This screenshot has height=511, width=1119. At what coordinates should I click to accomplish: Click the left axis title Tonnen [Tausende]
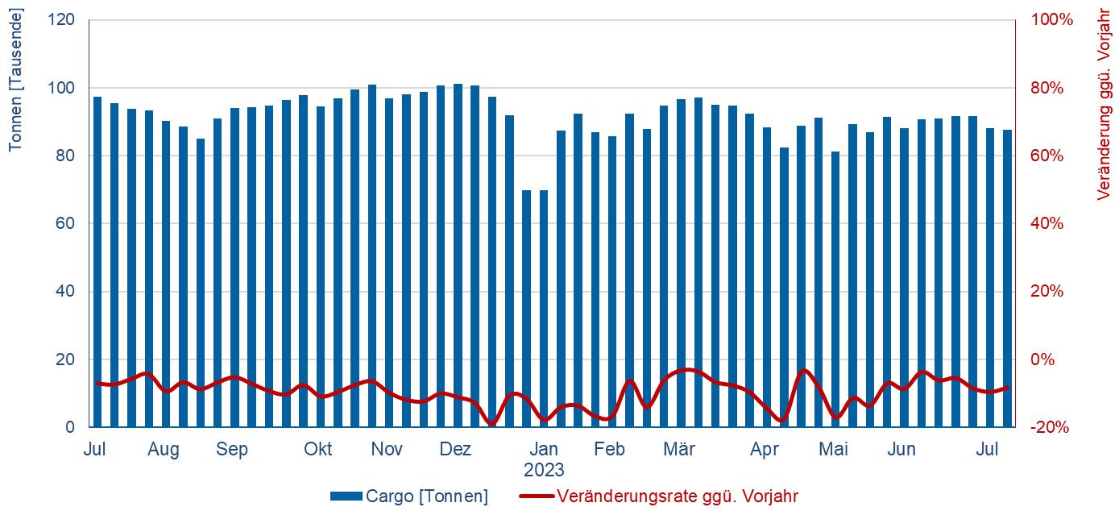(15, 79)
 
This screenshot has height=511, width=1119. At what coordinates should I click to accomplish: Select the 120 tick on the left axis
(64, 20)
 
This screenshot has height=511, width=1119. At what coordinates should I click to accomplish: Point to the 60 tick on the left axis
(68, 223)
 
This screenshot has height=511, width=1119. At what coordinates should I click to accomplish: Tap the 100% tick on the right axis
(1054, 20)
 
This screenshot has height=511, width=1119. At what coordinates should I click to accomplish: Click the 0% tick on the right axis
(1047, 359)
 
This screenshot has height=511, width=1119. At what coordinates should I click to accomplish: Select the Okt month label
(317, 449)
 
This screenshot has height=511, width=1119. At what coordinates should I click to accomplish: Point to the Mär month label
(679, 449)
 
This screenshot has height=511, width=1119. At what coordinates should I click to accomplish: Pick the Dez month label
(455, 449)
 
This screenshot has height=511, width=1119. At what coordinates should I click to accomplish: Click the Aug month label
(164, 449)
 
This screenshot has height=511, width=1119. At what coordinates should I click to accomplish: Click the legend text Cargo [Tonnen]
(426, 496)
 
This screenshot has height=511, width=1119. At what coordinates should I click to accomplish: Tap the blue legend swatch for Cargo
(346, 496)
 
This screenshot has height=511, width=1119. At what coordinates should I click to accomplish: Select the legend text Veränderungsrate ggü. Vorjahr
(677, 496)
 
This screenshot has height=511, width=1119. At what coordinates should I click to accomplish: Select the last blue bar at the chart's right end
(1007, 278)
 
